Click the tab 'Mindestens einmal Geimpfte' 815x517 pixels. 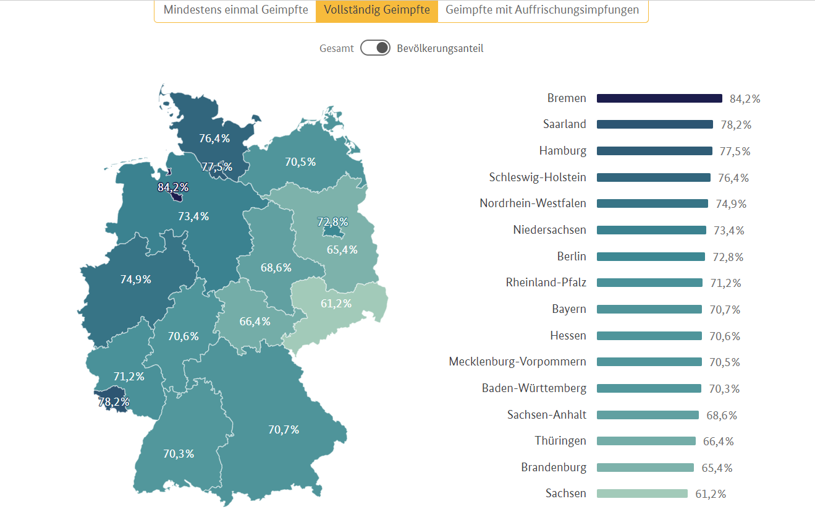235,11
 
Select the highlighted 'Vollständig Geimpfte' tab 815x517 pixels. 377,11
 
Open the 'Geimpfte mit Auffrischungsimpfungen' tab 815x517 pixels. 543,11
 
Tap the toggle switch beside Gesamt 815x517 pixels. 376,48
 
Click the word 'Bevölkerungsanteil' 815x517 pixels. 440,48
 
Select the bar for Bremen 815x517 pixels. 659,98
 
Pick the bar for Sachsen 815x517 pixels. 642,493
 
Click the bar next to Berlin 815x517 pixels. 651,257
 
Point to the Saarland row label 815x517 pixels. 565,124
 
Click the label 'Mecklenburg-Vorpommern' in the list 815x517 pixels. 518,362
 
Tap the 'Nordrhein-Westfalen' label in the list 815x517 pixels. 533,203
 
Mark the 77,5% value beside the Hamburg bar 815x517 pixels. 735,151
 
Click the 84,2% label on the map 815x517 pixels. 173,187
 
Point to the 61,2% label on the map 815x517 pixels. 336,303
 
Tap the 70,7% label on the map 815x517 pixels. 284,429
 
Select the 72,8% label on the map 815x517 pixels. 332,221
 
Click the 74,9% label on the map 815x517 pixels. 136,279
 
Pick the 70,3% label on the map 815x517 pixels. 179,453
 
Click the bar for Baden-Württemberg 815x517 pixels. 649,388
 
